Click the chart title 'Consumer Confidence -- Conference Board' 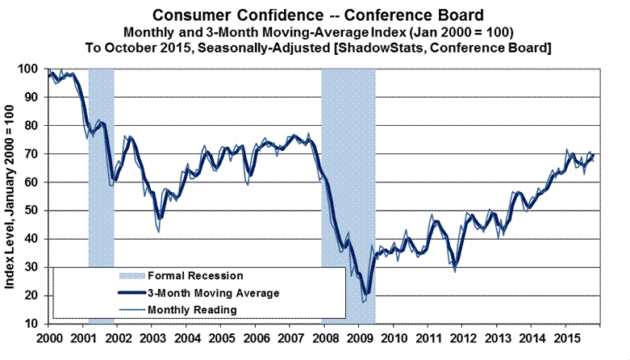(315, 14)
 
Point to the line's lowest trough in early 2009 (365, 300)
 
